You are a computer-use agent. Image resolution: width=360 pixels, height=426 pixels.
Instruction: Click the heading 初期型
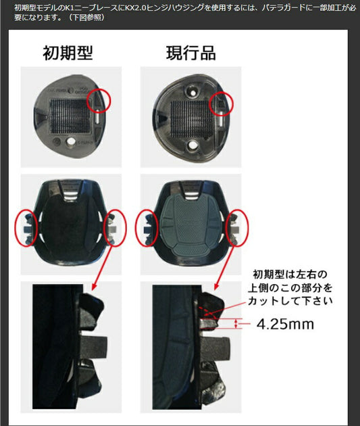click(x=68, y=53)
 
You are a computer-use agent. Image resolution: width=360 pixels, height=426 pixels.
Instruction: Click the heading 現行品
click(x=191, y=53)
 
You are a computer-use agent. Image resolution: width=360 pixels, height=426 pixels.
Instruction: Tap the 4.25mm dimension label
click(x=285, y=324)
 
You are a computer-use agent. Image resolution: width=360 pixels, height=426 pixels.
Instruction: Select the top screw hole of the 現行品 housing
click(x=192, y=93)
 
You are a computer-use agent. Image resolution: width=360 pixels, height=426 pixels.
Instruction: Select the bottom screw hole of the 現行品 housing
click(x=192, y=145)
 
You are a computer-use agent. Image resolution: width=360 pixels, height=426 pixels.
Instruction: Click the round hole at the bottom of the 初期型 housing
click(x=71, y=141)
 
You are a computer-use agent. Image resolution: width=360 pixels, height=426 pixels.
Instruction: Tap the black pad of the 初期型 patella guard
click(x=68, y=228)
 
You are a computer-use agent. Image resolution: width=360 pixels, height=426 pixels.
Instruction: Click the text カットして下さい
click(x=290, y=301)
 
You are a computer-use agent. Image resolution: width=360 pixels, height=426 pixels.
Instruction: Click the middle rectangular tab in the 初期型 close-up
click(x=93, y=347)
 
